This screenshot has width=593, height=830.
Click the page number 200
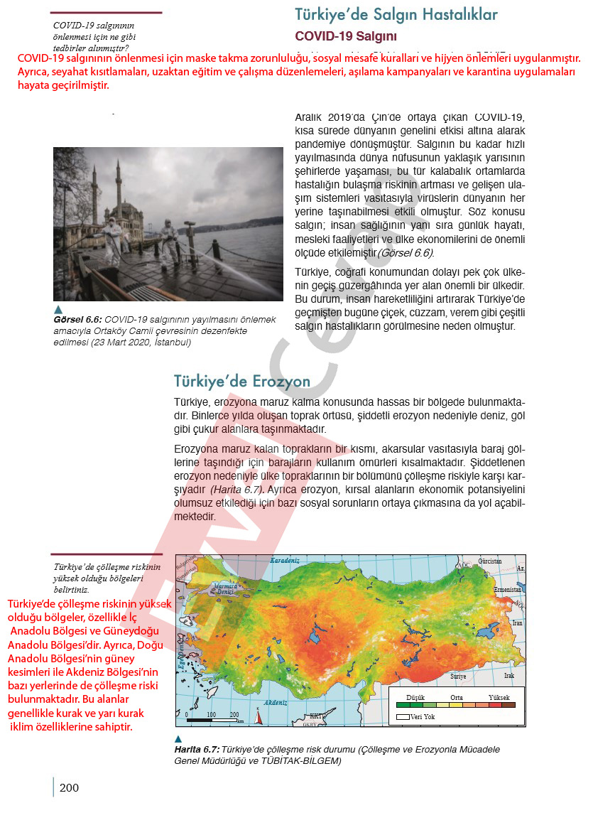[69, 787]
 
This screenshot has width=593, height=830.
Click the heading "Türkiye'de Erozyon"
[242, 382]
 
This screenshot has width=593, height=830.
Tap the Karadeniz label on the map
[285, 561]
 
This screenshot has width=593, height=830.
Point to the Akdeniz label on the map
[276, 702]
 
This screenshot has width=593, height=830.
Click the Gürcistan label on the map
[490, 561]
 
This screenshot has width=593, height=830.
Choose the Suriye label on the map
[458, 676]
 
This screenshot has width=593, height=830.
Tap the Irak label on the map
[508, 676]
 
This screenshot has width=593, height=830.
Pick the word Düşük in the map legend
[415, 698]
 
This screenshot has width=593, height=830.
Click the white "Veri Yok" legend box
[403, 717]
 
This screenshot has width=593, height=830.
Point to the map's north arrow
[258, 717]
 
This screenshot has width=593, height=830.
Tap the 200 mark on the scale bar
[234, 714]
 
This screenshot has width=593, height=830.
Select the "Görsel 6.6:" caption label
[77, 320]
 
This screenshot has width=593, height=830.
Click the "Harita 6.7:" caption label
[197, 750]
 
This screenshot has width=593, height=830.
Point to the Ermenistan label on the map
[508, 590]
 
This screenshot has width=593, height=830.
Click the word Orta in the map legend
[457, 698]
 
